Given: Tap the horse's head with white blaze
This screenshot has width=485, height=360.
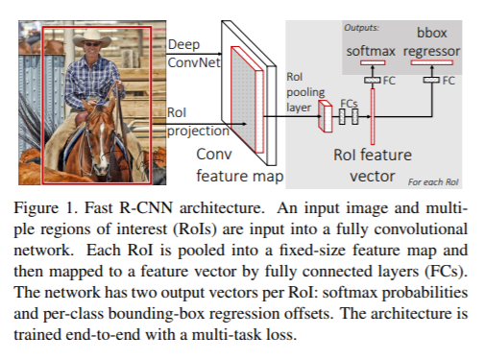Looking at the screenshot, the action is [99, 138].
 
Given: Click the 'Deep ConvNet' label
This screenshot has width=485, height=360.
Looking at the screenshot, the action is [194, 54].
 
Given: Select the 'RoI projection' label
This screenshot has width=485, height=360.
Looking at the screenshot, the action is [198, 122].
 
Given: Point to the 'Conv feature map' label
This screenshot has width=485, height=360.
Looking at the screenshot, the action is [240, 165].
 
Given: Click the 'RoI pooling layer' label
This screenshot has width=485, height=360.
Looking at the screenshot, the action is [305, 92].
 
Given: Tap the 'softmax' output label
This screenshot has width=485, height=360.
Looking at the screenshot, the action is [371, 51].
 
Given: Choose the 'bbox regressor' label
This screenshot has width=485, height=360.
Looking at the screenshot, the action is [431, 42].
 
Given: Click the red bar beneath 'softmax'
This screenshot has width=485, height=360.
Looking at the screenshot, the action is [373, 62].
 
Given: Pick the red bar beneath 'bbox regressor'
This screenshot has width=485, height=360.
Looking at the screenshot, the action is [432, 62].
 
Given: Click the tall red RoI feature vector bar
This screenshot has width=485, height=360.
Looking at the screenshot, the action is [373, 116].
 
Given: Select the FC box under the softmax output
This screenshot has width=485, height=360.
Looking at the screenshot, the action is [373, 80].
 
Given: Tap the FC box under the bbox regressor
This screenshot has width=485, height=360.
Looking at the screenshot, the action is [431, 80].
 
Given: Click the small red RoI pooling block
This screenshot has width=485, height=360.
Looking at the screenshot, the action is [326, 116].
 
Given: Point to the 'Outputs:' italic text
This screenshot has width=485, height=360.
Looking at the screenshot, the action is [361, 28].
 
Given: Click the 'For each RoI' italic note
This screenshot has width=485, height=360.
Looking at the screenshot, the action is [433, 182].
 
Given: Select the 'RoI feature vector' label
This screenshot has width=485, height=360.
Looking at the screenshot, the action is [373, 165].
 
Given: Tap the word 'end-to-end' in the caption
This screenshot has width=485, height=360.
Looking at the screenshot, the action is [103, 335].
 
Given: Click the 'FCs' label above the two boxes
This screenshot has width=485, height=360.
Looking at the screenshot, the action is [349, 104].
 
